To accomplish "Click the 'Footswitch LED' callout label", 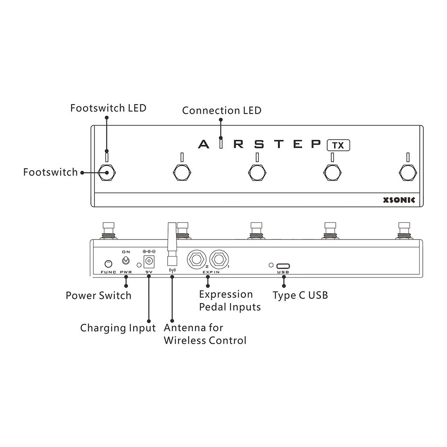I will click(108, 108).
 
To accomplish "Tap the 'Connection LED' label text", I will click(222, 110).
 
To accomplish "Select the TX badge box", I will click(338, 145).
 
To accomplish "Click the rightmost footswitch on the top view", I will click(407, 172).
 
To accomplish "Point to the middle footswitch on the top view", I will click(257, 172).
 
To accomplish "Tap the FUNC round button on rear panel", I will click(108, 264).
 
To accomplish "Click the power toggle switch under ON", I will click(126, 260).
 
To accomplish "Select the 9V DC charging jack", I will click(148, 261).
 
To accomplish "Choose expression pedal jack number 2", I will click(197, 258).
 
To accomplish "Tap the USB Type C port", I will click(283, 266).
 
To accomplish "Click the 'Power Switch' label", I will click(98, 295).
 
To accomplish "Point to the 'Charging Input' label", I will click(118, 328).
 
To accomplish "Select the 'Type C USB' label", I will click(300, 295).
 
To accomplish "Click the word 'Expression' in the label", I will click(226, 295).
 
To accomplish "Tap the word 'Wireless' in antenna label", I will click(183, 341).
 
